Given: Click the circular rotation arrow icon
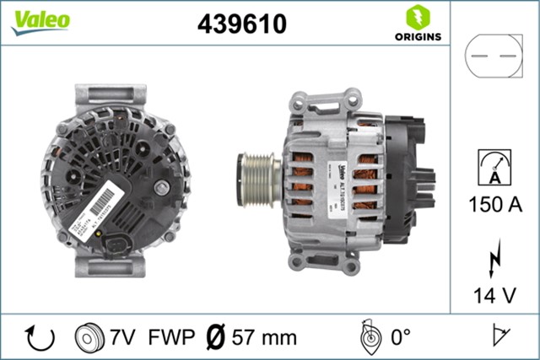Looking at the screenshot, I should pyautogui.click(x=40, y=337).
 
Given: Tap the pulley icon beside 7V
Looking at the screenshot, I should pyautogui.click(x=87, y=337).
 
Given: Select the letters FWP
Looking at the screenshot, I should pyautogui.click(x=170, y=338).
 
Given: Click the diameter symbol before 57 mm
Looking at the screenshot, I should pyautogui.click(x=215, y=337).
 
